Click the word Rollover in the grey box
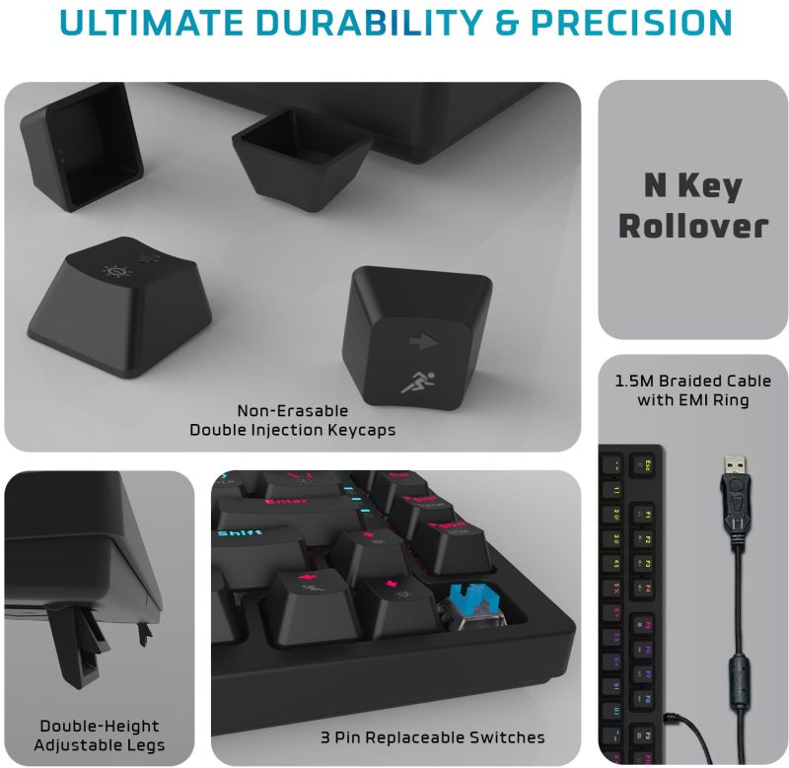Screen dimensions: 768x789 [692, 226]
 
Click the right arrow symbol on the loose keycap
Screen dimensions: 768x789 [422, 342]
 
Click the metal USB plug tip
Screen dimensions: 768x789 [734, 463]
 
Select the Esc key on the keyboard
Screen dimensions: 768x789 [647, 462]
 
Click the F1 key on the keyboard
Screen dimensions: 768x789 [647, 514]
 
